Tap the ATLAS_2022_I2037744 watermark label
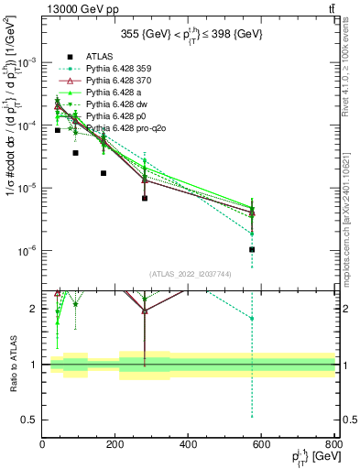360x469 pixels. [x=189, y=274]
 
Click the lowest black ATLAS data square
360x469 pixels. [x=251, y=249]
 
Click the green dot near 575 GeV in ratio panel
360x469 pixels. [x=251, y=319]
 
